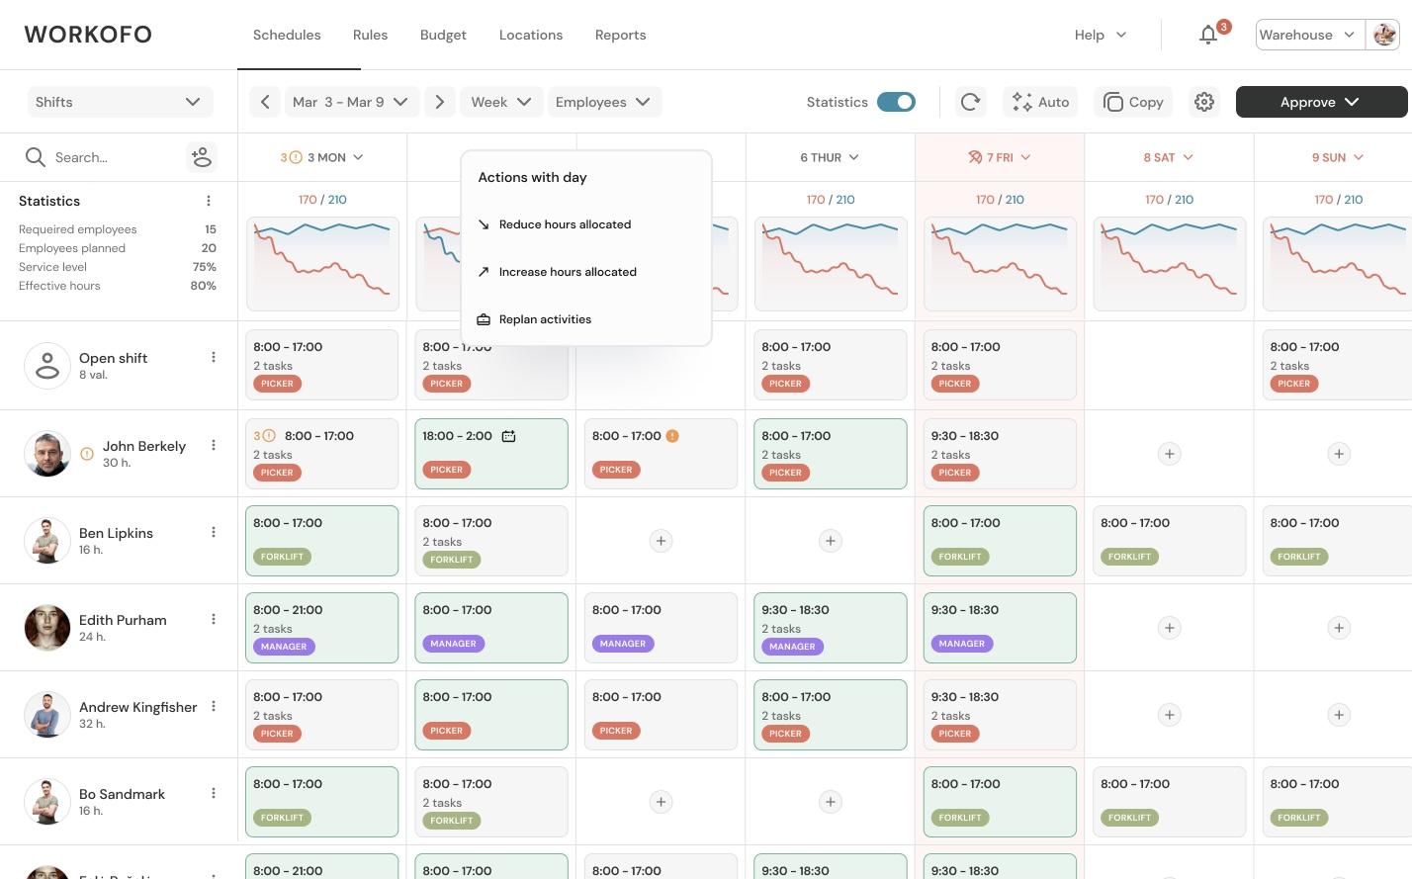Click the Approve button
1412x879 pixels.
pyautogui.click(x=1320, y=102)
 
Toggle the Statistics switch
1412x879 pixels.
pyautogui.click(x=896, y=102)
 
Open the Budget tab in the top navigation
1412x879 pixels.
pyautogui.click(x=443, y=35)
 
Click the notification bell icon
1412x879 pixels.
pyautogui.click(x=1208, y=36)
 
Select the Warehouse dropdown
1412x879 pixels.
pyautogui.click(x=1308, y=35)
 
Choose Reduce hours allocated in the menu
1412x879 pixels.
pyautogui.click(x=565, y=224)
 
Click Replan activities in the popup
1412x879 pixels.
pyautogui.click(x=545, y=319)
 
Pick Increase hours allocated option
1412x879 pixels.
pyautogui.click(x=568, y=272)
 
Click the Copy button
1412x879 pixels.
pyautogui.click(x=1133, y=102)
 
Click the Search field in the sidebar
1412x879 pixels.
pyautogui.click(x=109, y=157)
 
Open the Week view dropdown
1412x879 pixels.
pyautogui.click(x=500, y=102)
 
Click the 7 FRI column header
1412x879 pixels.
pyautogui.click(x=1000, y=157)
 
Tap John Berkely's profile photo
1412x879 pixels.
pyautogui.click(x=47, y=454)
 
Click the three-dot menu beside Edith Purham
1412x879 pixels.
pyautogui.click(x=214, y=619)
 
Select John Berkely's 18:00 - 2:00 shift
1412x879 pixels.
pyautogui.click(x=491, y=454)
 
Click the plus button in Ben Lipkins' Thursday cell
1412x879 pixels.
pyautogui.click(x=831, y=541)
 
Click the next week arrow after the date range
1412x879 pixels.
pyautogui.click(x=440, y=102)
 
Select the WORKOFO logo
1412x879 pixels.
pyautogui.click(x=88, y=35)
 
